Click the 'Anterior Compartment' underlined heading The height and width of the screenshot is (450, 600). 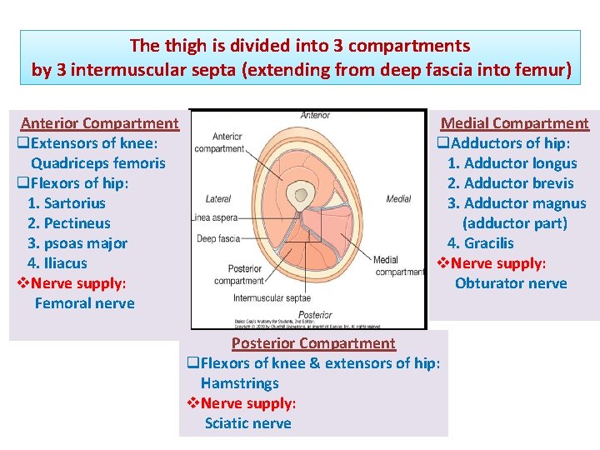pyautogui.click(x=99, y=123)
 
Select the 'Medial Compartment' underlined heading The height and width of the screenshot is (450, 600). pyautogui.click(x=514, y=123)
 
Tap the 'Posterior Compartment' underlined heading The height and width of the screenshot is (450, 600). pyautogui.click(x=313, y=343)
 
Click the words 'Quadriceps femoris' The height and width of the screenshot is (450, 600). pyautogui.click(x=98, y=163)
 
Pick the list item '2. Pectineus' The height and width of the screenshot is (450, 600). pyautogui.click(x=69, y=223)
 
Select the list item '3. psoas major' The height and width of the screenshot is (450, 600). pyautogui.click(x=77, y=243)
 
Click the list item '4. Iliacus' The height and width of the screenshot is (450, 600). pyautogui.click(x=57, y=263)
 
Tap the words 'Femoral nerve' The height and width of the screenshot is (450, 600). pyautogui.click(x=84, y=303)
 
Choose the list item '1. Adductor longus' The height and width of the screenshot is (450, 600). pyautogui.click(x=512, y=163)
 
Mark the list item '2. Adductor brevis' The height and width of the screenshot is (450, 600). pyautogui.click(x=510, y=183)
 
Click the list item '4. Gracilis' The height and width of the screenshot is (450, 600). pyautogui.click(x=481, y=243)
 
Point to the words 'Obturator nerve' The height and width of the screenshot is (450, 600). pyautogui.click(x=511, y=283)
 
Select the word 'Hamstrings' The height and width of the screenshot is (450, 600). pyautogui.click(x=240, y=383)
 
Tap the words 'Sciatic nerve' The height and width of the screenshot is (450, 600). pyautogui.click(x=248, y=423)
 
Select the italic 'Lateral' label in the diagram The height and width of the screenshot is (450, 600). pyautogui.click(x=218, y=199)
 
